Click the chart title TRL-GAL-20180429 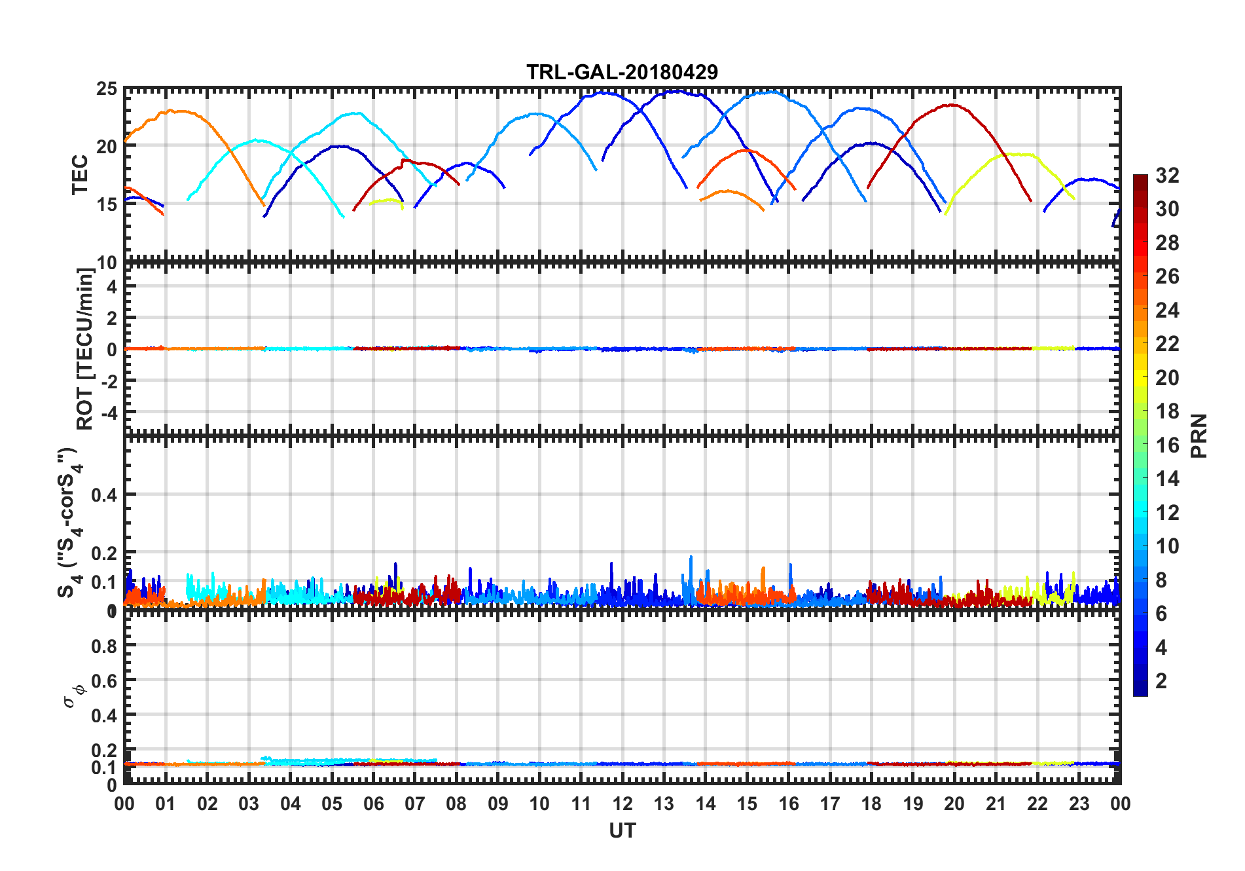pos(622,72)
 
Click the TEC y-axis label pos(80,175)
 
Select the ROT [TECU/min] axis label pos(85,348)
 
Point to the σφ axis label pos(74,695)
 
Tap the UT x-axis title pos(622,831)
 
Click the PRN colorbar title pos(1199,435)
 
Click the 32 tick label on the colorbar pos(1167,176)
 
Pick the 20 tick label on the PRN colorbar pos(1167,378)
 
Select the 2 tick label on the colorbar pos(1161,681)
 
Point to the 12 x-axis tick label pos(622,804)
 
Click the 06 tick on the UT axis pos(373,804)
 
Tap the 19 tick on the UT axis pos(912,804)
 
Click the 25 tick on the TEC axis pos(107,89)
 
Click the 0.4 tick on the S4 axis pos(104,495)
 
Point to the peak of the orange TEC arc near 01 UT pos(171,111)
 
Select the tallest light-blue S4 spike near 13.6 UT pos(691,557)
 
